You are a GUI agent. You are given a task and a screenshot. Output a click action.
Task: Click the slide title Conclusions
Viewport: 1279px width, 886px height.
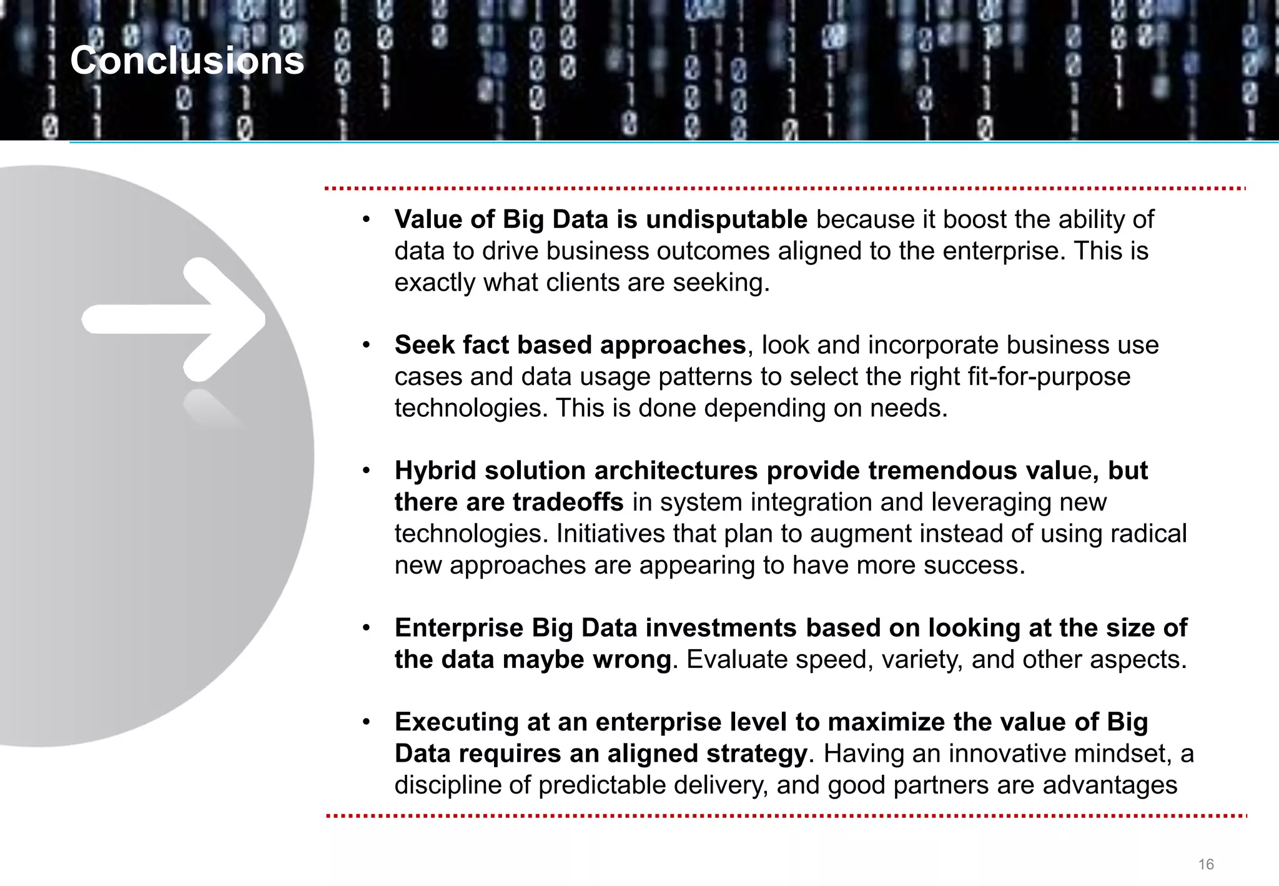pyautogui.click(x=187, y=61)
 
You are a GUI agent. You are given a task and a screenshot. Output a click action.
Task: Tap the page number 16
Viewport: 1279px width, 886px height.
pyautogui.click(x=1205, y=864)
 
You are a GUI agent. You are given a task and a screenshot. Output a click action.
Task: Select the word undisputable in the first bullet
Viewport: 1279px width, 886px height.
pyautogui.click(x=726, y=219)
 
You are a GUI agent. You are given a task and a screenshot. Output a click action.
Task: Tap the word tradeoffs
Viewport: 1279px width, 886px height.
pyautogui.click(x=568, y=502)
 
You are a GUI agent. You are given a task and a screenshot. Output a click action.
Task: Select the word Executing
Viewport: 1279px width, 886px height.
pyautogui.click(x=457, y=722)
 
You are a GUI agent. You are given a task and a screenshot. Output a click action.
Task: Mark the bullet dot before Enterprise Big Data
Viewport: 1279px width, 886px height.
pyautogui.click(x=367, y=628)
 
